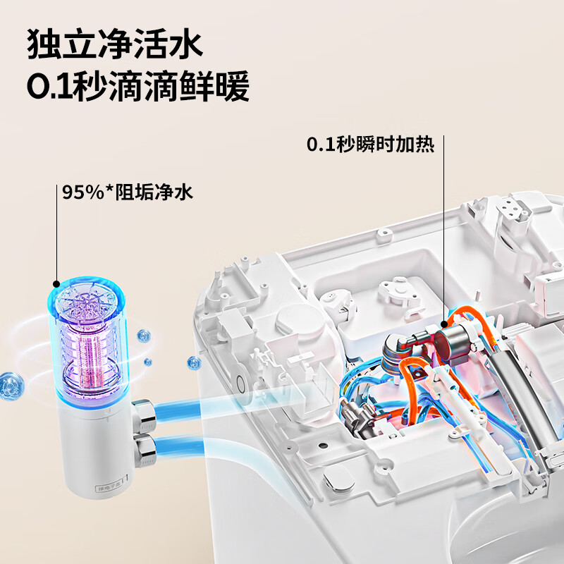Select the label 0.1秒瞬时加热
(370, 145)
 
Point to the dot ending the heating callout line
(444, 324)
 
